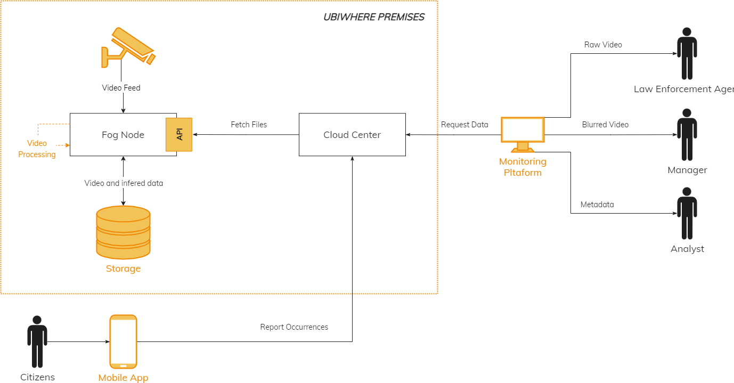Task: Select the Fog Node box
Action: pos(117,135)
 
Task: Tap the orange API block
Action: pos(180,134)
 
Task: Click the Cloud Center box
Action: pos(352,135)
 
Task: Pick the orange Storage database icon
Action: pos(123,232)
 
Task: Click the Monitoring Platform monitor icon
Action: pos(523,134)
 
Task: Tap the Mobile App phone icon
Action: pos(123,341)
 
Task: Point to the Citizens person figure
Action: pos(37,341)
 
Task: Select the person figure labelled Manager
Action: pos(687,135)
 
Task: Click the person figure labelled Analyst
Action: pos(687,213)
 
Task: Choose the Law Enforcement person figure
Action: pos(687,53)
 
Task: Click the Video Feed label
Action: pos(121,88)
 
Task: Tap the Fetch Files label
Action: pos(249,125)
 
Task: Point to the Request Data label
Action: pos(464,125)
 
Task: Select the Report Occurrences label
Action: pos(294,327)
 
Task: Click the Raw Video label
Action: pos(603,45)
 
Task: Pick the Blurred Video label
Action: pos(605,125)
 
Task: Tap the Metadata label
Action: pos(597,205)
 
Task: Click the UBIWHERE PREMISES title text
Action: pos(374,17)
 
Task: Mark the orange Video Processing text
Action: pos(37,149)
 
